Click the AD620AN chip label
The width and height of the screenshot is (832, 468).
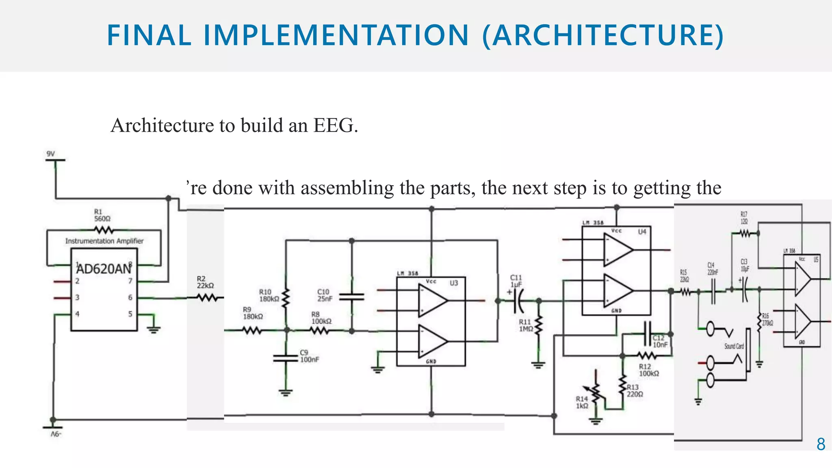[104, 269]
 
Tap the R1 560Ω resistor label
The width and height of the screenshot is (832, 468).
[102, 215]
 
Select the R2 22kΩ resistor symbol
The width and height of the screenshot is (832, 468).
[207, 298]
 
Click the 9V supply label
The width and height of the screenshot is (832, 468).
[50, 154]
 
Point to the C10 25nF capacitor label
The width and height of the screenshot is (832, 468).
[325, 295]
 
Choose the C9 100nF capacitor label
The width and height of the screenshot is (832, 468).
[309, 356]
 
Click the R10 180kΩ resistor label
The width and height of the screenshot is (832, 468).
[269, 295]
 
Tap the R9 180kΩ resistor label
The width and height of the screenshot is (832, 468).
[253, 313]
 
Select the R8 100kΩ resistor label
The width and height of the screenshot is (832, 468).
[321, 318]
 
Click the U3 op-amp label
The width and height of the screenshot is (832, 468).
[454, 283]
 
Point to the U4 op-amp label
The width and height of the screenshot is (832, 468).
[642, 232]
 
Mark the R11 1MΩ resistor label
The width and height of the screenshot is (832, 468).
[526, 325]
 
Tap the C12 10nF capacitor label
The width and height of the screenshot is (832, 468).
[660, 341]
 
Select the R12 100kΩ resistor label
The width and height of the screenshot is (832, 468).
[649, 370]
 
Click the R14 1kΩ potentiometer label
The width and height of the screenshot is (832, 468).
[582, 402]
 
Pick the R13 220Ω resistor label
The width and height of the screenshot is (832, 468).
[635, 391]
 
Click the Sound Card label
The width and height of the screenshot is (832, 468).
[734, 346]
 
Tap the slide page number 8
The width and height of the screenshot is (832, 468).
[821, 444]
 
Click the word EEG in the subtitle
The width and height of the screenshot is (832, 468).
[335, 125]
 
